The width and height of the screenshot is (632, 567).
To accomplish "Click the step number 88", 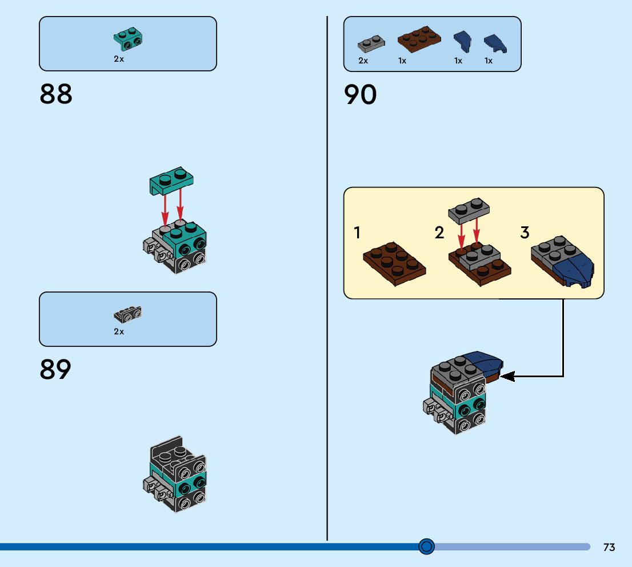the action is (56, 94).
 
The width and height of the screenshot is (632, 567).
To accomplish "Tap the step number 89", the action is (55, 370).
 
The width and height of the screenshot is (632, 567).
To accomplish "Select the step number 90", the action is (361, 95).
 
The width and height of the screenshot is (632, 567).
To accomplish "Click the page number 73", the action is (609, 548).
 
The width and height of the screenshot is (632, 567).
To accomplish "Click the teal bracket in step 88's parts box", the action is (128, 38).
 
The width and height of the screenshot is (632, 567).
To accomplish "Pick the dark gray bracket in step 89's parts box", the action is (128, 314).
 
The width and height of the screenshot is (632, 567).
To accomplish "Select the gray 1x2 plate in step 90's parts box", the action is (371, 43).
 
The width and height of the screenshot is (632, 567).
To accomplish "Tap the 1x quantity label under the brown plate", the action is (402, 61).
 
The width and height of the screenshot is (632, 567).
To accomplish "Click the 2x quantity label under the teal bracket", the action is (119, 59).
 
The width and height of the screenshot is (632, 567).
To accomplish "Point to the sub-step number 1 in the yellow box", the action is (357, 233).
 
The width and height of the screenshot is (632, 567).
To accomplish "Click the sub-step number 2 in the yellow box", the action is (439, 233).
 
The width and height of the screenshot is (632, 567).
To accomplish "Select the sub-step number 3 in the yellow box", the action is (525, 233).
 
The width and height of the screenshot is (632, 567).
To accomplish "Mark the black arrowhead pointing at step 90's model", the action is (507, 376).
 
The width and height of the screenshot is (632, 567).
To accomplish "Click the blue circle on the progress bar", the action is (426, 547).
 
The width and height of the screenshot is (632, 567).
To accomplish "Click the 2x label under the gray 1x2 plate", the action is (363, 61).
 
